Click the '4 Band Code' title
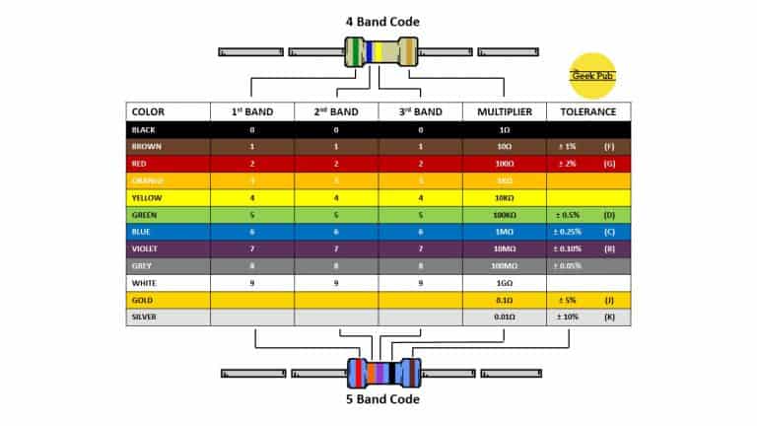(381, 21)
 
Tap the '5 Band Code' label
(382, 399)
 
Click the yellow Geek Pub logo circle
(592, 75)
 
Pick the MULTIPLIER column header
(505, 111)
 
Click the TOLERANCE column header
(588, 111)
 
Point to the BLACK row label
(144, 129)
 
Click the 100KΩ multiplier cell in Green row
(505, 214)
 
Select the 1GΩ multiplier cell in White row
(505, 283)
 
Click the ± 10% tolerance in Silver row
(568, 317)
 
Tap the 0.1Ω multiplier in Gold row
(505, 300)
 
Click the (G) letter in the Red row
(610, 163)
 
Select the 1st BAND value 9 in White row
(251, 283)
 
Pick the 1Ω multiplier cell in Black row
(505, 129)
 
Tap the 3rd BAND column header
(420, 111)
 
